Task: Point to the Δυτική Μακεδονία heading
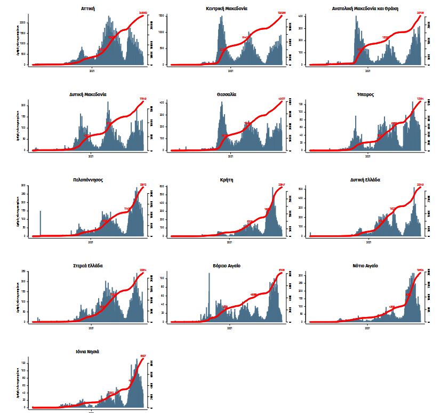88,94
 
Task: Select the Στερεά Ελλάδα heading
88,265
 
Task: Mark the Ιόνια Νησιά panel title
88,352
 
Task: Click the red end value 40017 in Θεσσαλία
282,98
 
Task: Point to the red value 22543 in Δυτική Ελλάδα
420,185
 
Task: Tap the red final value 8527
143,356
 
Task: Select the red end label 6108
282,270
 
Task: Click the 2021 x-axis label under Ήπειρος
368,156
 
